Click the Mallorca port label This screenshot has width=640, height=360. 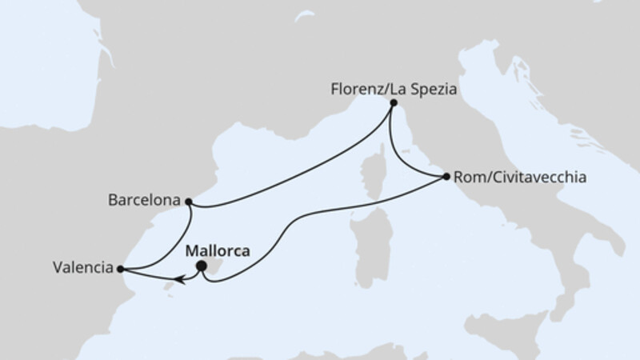coord(217,250)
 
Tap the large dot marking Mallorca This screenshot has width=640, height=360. coord(202,266)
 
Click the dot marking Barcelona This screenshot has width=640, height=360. coord(188,202)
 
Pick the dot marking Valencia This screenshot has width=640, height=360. coord(120,270)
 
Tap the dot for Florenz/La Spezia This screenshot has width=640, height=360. coord(393,103)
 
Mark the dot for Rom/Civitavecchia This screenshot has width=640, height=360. coord(446,176)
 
